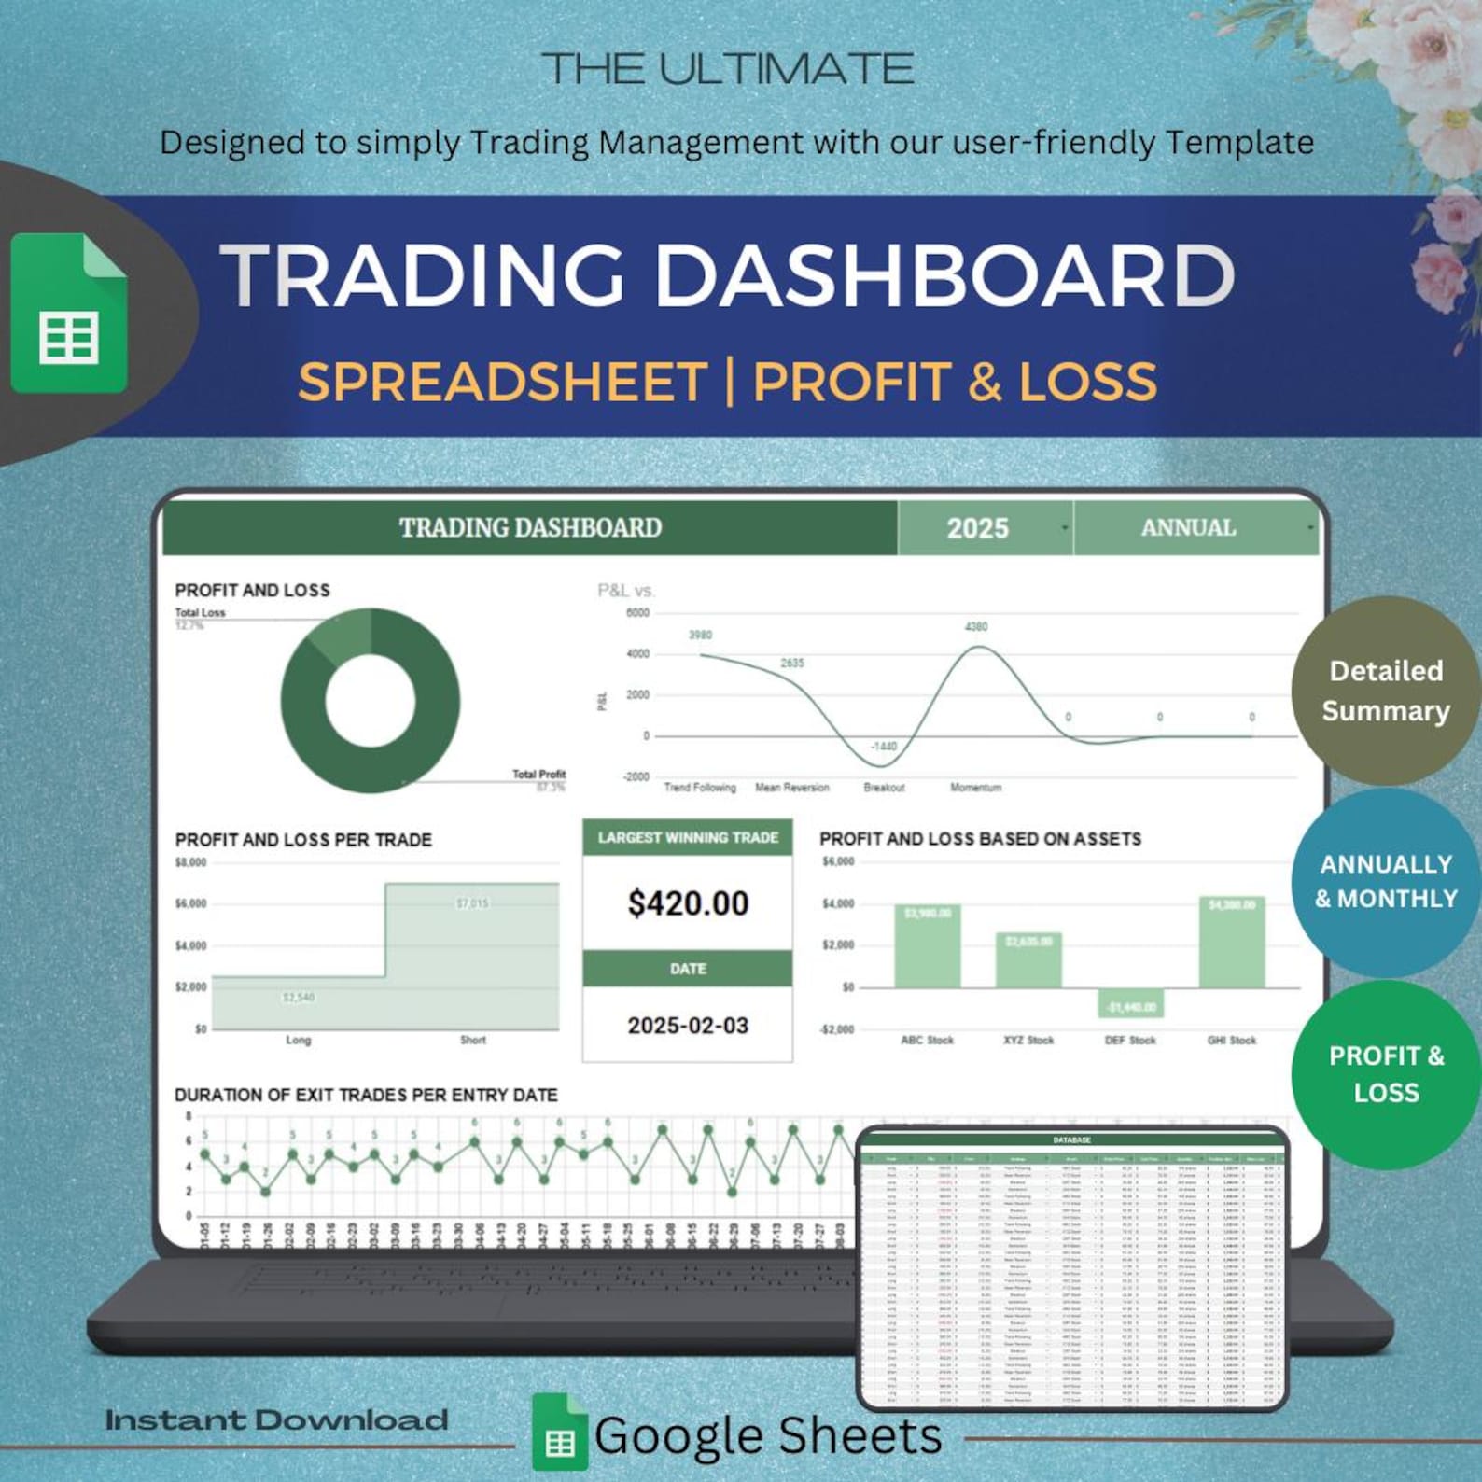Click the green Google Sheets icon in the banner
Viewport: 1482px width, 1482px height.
tap(69, 314)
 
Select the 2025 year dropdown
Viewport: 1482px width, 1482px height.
tap(984, 528)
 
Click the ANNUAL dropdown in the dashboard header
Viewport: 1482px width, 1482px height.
tap(1195, 528)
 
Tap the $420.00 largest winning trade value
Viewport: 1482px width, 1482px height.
tap(688, 903)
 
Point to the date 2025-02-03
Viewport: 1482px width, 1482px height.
tap(688, 1026)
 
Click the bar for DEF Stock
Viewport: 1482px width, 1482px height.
tap(1130, 1003)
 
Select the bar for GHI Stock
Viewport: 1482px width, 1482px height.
tap(1232, 943)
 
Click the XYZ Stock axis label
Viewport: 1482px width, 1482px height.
tap(1028, 1040)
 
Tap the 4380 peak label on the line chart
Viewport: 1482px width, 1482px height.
tap(976, 626)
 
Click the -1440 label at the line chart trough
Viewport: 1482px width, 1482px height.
tap(883, 746)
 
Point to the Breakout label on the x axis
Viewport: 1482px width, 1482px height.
tap(884, 788)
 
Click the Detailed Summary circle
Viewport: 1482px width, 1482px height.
tap(1385, 691)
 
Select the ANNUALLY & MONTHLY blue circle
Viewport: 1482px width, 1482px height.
tap(1385, 882)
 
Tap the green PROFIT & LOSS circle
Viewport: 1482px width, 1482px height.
tap(1385, 1074)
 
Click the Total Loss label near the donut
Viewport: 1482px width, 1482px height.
tap(200, 613)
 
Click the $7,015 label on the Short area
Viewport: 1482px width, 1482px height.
tap(472, 903)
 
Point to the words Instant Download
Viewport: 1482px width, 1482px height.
tap(276, 1420)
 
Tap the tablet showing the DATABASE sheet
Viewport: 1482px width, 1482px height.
tap(1071, 1269)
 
